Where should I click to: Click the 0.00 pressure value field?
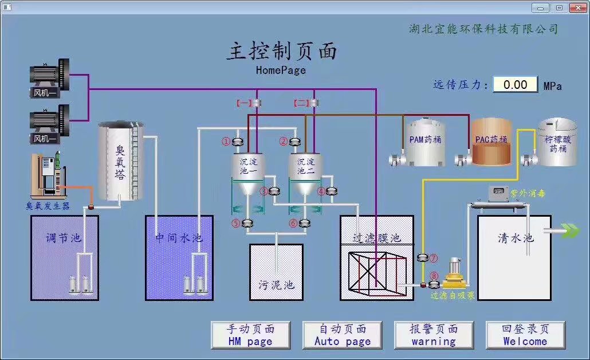click(515, 85)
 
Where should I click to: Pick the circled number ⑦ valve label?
click(433, 259)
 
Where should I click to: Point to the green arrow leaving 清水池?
click(571, 230)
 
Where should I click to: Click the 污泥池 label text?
click(276, 284)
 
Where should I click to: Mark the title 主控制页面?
click(281, 52)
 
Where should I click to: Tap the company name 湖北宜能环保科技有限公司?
click(483, 29)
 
